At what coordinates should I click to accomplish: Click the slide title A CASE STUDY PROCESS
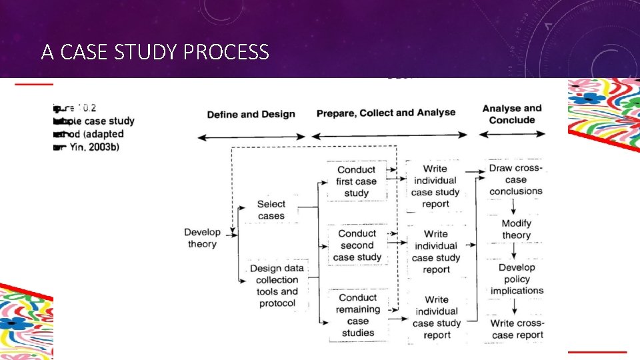point(155,52)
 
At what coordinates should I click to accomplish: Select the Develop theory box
point(202,238)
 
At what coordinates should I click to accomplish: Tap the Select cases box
point(271,210)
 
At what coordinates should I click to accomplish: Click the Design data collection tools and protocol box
point(277,286)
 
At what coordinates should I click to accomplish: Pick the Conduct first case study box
point(357,181)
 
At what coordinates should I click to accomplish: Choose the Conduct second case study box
point(357,245)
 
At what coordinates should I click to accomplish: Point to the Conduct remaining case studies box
point(358,315)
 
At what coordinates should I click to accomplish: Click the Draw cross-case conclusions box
point(516,180)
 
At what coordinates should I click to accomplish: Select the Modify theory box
point(516,229)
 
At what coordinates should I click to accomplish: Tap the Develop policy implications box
point(517,279)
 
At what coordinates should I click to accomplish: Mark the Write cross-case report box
point(517,329)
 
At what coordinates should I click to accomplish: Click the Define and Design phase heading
point(251,114)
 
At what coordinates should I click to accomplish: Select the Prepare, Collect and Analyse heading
point(386,113)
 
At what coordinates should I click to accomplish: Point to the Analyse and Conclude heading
point(512,114)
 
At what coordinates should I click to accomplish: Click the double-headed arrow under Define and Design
point(251,137)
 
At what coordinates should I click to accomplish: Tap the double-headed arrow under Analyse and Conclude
point(512,134)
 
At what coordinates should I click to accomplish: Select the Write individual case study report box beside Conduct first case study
point(435,186)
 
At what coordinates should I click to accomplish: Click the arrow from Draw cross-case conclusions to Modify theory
point(515,207)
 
